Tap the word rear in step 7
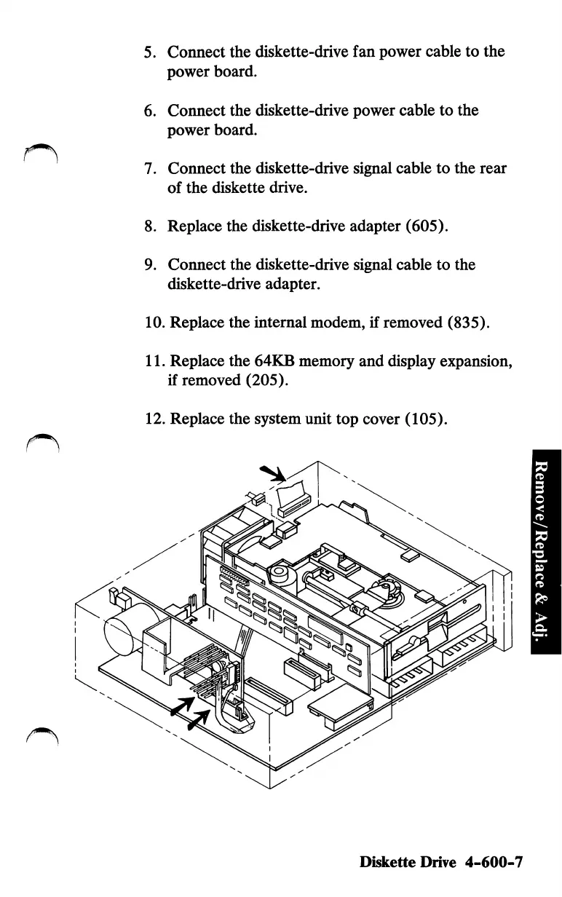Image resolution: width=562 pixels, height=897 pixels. tap(491, 168)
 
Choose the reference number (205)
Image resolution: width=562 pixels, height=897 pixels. tap(280, 381)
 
